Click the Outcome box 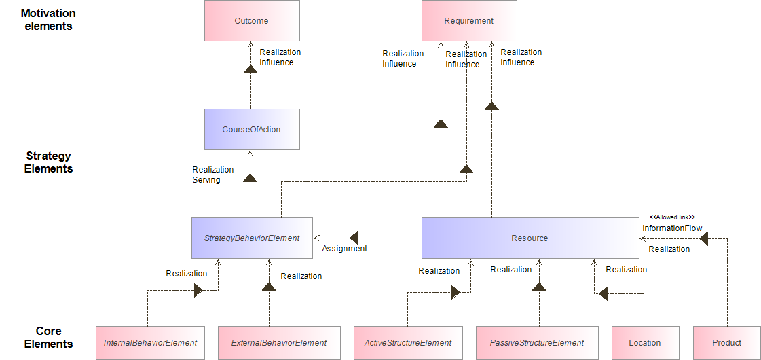point(251,21)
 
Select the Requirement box point(469,21)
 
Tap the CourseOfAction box point(251,129)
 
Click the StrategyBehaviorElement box point(252,238)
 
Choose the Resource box point(530,238)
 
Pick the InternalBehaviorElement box point(150,343)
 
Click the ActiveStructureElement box point(407,343)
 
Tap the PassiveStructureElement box point(537,343)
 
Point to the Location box point(645,343)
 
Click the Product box point(726,343)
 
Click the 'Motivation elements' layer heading point(48,20)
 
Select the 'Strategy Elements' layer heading point(48,162)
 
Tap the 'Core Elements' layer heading point(48,338)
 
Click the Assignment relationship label point(344,249)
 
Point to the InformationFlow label point(672,228)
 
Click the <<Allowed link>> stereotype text point(672,217)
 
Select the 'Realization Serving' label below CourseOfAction point(212,175)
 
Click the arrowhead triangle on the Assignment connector point(354,238)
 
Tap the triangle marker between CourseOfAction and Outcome point(250,71)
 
